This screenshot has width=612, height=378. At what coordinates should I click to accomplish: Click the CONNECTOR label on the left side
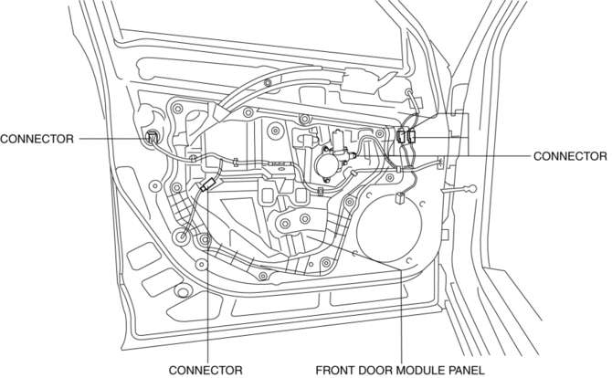click(x=37, y=139)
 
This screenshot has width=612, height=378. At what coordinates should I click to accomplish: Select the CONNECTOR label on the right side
click(x=569, y=156)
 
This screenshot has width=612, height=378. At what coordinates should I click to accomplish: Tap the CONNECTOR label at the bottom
click(x=206, y=370)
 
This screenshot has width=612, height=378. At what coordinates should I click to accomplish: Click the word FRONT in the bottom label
click(x=336, y=370)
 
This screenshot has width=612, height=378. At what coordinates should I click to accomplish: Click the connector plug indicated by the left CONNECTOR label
click(x=152, y=139)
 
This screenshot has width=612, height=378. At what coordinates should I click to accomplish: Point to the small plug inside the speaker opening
click(x=401, y=201)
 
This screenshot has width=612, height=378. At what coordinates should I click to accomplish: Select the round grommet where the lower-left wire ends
click(x=184, y=238)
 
